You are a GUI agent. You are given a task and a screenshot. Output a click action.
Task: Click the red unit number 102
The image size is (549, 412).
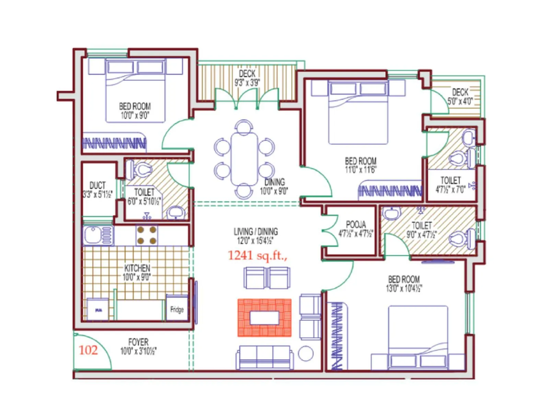tap(88, 350)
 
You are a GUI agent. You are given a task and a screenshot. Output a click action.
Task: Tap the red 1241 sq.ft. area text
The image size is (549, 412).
tap(257, 255)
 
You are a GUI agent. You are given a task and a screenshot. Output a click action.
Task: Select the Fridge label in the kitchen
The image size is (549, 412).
tap(177, 310)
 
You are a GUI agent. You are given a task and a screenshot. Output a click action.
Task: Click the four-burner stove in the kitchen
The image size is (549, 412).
tap(147, 235)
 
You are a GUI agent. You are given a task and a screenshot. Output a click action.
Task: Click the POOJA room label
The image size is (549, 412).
tap(356, 225)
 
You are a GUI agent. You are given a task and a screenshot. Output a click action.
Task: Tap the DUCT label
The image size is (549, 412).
tap(97, 185)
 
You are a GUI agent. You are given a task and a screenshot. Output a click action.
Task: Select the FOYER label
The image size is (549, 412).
tap(138, 342)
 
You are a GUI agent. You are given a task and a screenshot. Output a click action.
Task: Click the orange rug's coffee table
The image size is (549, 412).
tap(265, 318)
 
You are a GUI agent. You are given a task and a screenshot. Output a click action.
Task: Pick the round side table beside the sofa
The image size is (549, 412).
tap(306, 353)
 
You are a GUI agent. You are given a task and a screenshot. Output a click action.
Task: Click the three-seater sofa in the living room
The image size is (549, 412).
tap(265, 357)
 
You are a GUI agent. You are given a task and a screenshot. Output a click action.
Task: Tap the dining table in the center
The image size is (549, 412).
tap(244, 159)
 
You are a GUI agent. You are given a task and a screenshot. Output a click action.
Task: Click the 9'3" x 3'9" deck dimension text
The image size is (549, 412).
tap(247, 82)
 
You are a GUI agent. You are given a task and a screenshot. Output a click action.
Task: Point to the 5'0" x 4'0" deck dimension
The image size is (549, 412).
tap(460, 101)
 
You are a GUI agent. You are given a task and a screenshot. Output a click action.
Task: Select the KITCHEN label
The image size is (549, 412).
tap(137, 268)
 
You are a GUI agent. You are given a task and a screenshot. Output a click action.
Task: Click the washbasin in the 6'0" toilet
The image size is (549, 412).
tap(176, 213)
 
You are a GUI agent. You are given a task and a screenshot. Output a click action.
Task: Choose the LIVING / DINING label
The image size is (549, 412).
tap(256, 231)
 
